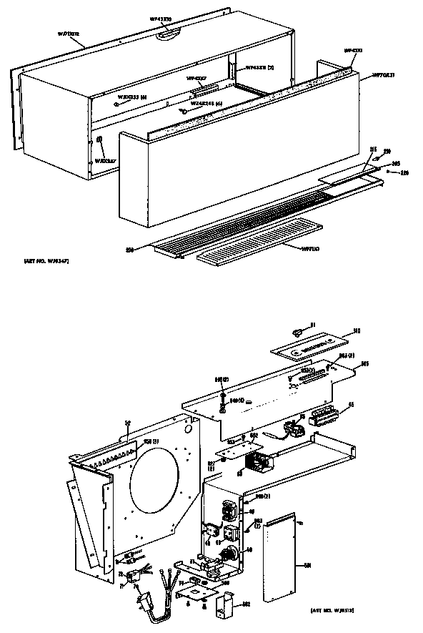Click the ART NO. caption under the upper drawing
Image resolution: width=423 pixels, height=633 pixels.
44,265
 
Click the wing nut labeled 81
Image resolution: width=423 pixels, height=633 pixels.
298,330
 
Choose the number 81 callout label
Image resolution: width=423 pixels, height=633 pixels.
312,326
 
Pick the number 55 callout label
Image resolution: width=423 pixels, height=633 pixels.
350,405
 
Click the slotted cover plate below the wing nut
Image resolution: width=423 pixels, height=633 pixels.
314,347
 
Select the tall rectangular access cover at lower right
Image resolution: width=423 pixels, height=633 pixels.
286,551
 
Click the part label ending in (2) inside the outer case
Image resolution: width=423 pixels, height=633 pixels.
260,69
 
